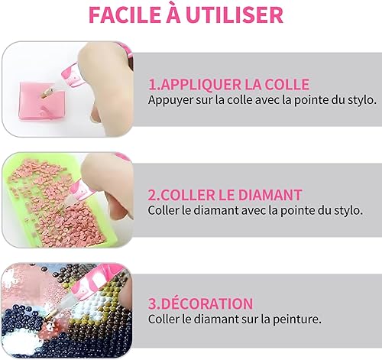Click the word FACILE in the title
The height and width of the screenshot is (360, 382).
point(125,15)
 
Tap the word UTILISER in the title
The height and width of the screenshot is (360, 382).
point(235,15)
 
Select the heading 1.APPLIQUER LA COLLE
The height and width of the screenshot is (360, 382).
point(229,85)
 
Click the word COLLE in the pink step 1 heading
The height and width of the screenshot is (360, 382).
point(287,85)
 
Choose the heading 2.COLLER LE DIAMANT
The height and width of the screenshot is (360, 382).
point(225,195)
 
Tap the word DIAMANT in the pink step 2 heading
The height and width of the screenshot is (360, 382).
point(270,195)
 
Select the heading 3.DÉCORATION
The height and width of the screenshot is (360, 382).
point(201,303)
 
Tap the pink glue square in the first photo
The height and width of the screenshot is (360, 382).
point(42,102)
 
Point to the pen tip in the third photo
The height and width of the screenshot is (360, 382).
point(45,318)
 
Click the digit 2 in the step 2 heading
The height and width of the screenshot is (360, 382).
point(152,196)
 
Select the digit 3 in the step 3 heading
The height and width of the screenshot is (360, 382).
point(152,303)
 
